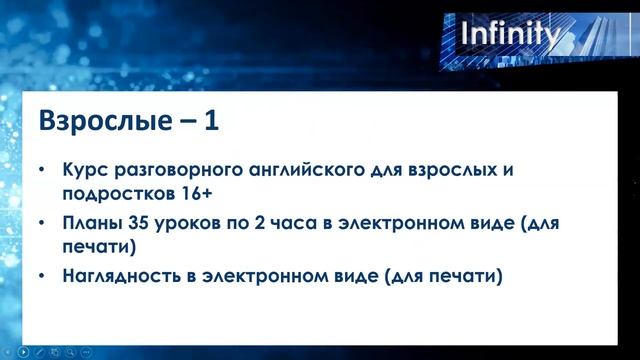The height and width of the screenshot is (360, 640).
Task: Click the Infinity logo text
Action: coord(509,36)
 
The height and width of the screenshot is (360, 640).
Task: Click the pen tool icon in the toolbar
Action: coord(41,352)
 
